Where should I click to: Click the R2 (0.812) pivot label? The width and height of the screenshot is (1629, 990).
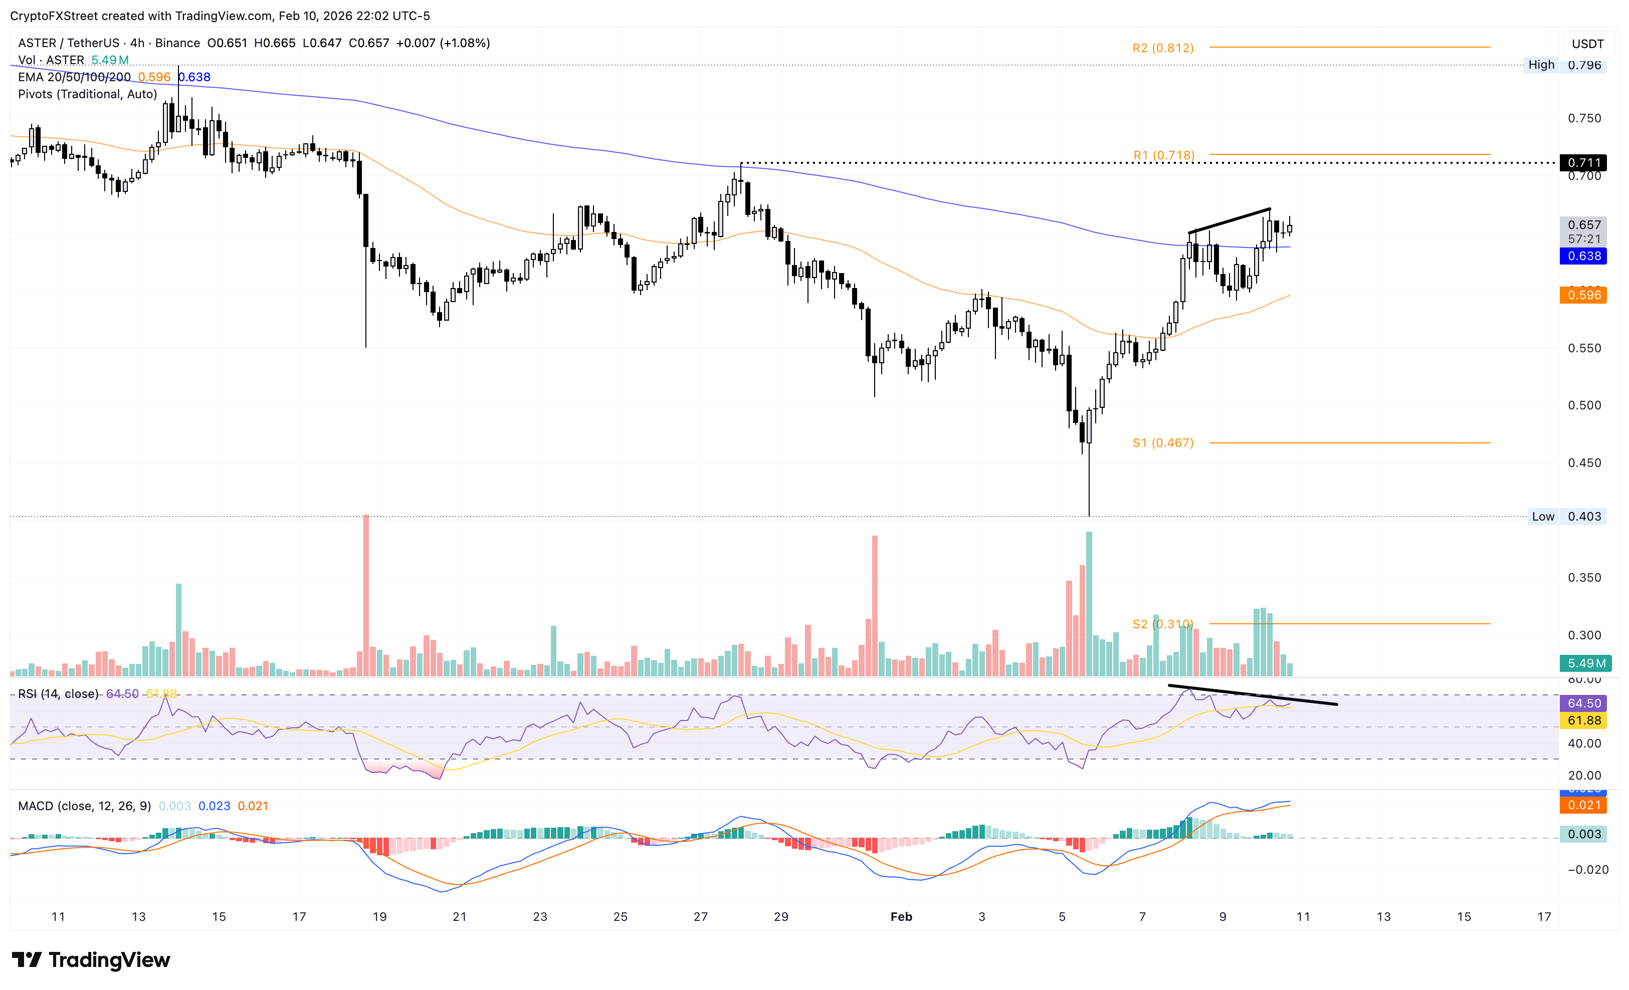pos(1162,48)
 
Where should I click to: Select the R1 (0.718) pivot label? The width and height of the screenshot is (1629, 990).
pos(1163,155)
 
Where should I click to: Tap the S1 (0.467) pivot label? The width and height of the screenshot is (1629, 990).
pos(1162,443)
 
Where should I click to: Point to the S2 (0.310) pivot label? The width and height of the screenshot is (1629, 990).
pos(1162,624)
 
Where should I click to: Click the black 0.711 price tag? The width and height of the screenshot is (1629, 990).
pos(1583,162)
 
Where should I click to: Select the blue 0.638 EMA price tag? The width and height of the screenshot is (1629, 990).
pos(1583,256)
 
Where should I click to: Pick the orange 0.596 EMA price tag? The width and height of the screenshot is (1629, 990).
pos(1583,295)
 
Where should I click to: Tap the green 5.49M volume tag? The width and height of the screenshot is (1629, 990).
pos(1585,663)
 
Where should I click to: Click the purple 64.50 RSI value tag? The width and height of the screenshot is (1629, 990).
pos(1583,703)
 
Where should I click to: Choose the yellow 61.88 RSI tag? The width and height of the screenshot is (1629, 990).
pos(1583,720)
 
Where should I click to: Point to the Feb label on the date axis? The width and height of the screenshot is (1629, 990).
pos(900,917)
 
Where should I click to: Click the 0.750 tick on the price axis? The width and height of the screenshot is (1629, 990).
pos(1584,118)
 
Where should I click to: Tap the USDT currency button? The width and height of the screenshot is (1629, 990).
pos(1587,44)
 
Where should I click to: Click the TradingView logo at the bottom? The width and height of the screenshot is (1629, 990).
pos(91,959)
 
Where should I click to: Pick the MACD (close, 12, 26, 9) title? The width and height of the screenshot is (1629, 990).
pos(84,806)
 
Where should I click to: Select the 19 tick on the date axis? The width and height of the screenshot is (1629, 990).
pos(379,917)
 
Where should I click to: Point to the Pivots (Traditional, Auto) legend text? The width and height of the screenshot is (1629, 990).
pos(87,94)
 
